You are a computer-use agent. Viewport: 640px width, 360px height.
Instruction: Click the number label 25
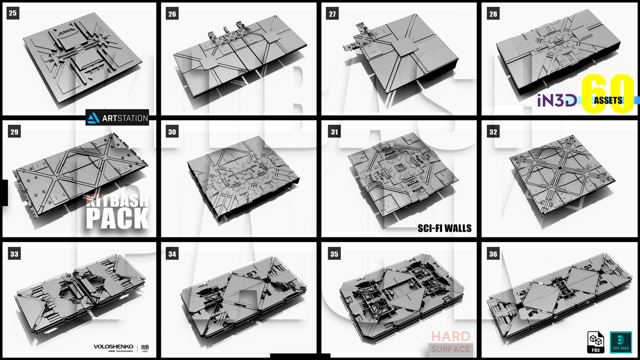pyautogui.click(x=13, y=13)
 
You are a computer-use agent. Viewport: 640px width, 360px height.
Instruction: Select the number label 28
pyautogui.click(x=493, y=14)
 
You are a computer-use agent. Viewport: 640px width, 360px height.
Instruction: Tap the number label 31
pyautogui.click(x=334, y=132)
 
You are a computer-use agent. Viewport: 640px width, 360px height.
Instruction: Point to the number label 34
pyautogui.click(x=172, y=254)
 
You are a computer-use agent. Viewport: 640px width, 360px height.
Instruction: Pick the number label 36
pyautogui.click(x=493, y=254)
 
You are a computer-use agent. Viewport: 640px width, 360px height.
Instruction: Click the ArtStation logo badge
pyautogui.click(x=117, y=118)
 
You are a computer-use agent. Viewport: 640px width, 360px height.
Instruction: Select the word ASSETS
pyautogui.click(x=608, y=101)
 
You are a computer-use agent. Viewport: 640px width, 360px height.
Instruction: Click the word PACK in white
pyautogui.click(x=117, y=218)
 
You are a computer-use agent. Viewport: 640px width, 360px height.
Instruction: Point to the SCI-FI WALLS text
pyautogui.click(x=444, y=228)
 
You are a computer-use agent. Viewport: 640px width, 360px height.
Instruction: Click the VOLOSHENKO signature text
pyautogui.click(x=113, y=346)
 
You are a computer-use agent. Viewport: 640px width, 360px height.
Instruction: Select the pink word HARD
pyautogui.click(x=450, y=336)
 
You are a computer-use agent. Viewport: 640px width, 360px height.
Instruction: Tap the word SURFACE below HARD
pyautogui.click(x=450, y=349)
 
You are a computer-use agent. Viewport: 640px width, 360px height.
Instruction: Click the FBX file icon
pyautogui.click(x=596, y=342)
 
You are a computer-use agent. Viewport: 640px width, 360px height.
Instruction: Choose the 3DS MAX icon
pyautogui.click(x=621, y=342)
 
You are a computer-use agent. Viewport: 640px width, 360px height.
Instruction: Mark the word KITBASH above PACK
pyautogui.click(x=117, y=201)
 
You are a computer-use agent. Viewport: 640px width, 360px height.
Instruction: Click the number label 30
pyautogui.click(x=172, y=132)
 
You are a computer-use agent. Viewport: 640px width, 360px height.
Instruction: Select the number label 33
pyautogui.click(x=14, y=254)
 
